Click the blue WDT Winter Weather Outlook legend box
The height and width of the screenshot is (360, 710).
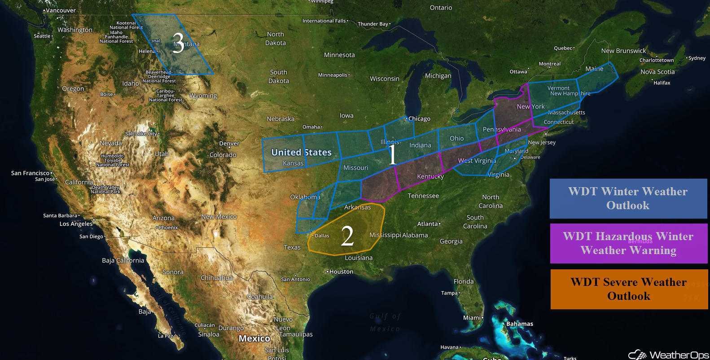tap(628, 198)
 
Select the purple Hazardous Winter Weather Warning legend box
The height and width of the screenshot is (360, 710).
tap(628, 243)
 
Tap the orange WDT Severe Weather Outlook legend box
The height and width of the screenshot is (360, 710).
tap(629, 289)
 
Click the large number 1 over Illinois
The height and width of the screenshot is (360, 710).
tap(392, 154)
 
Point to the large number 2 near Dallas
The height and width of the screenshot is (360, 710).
tap(347, 236)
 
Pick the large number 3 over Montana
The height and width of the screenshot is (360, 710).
tap(178, 43)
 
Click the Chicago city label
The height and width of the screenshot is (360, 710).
tap(419, 119)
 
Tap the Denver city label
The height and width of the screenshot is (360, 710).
tap(229, 144)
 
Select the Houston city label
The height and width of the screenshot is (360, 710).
tap(341, 272)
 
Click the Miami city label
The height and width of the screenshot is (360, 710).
tap(472, 318)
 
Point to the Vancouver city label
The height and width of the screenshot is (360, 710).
tap(61, 10)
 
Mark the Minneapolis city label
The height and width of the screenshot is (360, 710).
tap(333, 75)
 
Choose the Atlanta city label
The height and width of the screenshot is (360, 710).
tap(428, 224)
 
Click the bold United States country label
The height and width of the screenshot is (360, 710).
tap(301, 153)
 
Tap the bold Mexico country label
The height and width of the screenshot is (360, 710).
tap(254, 338)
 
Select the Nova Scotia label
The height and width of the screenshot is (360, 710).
tap(657, 72)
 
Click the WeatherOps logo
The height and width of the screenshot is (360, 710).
tap(668, 355)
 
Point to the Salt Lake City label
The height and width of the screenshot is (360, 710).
tap(141, 134)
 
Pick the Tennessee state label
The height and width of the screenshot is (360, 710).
tap(423, 196)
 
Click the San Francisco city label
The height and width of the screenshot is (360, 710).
tap(30, 173)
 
